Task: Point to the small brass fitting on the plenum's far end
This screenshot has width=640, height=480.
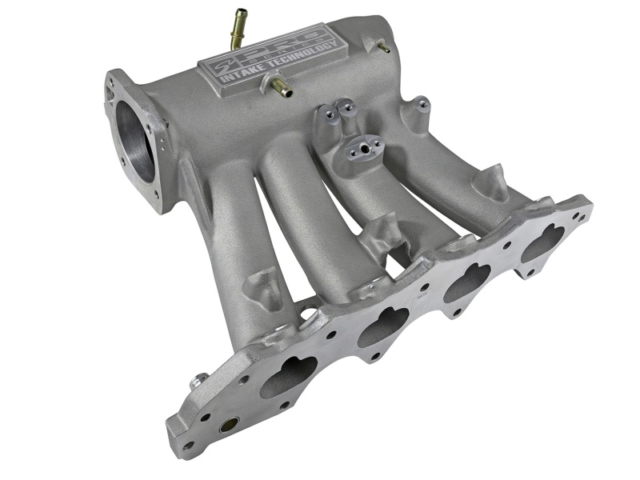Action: coord(384,47)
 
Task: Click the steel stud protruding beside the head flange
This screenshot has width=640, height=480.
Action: coord(197,382)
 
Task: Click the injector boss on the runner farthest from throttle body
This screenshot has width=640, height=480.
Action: coord(490,182)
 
